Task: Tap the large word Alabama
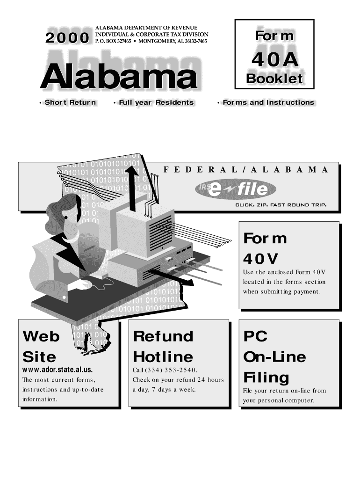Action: click(x=118, y=78)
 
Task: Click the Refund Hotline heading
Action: click(x=163, y=347)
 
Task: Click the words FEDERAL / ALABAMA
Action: click(x=246, y=169)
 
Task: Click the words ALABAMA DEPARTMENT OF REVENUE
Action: click(x=146, y=28)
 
